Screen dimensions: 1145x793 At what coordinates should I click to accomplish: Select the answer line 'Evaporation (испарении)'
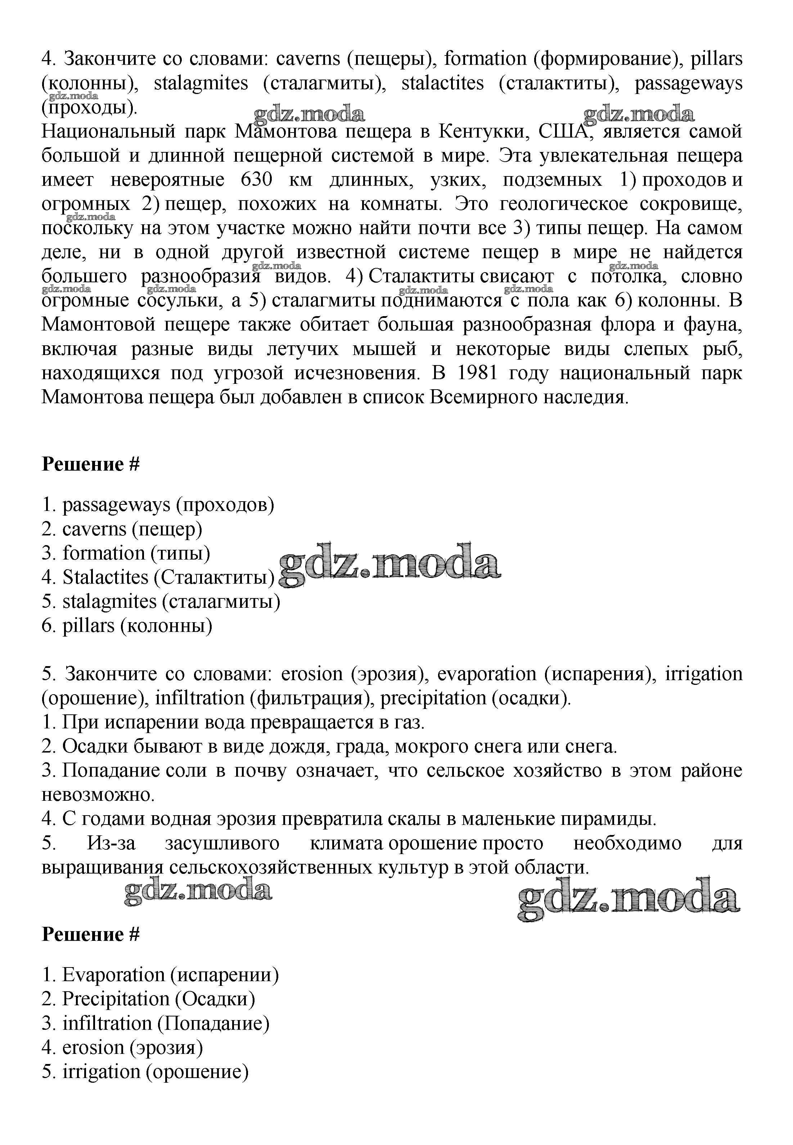160,975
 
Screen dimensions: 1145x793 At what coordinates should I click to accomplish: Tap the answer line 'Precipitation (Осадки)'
148,999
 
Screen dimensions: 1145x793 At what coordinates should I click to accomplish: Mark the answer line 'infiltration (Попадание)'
156,1023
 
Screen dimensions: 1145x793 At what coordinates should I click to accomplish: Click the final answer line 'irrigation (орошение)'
145,1072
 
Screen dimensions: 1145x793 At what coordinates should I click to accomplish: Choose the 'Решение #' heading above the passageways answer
90,464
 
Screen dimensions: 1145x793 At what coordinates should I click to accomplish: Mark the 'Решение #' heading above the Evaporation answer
90,934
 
